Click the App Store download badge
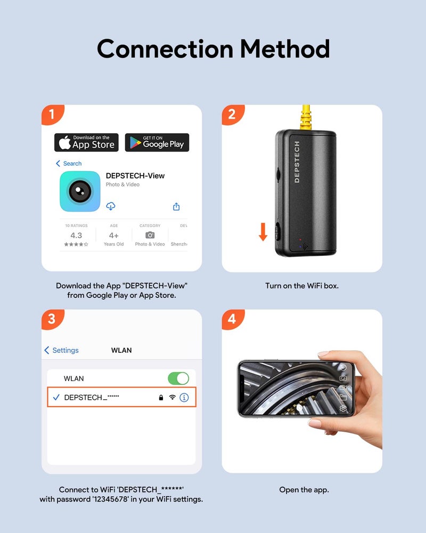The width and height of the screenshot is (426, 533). tap(86, 142)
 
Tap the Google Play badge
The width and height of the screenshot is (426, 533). tap(157, 142)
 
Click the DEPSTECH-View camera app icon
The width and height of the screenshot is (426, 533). tap(80, 191)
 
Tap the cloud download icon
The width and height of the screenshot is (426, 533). tap(111, 206)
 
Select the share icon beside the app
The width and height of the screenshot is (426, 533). tap(176, 207)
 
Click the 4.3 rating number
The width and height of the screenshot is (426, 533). tap(76, 235)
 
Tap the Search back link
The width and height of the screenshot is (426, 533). tap(69, 164)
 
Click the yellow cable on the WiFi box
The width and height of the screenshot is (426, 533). tap(307, 118)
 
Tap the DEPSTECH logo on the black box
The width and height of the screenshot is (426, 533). tap(297, 162)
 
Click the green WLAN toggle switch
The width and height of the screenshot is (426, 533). tap(178, 378)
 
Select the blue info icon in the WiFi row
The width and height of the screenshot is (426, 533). tap(184, 398)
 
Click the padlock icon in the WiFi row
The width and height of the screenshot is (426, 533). tap(161, 398)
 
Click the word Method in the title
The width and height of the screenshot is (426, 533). tap(285, 49)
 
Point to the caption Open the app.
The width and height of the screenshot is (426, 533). tap(304, 490)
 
